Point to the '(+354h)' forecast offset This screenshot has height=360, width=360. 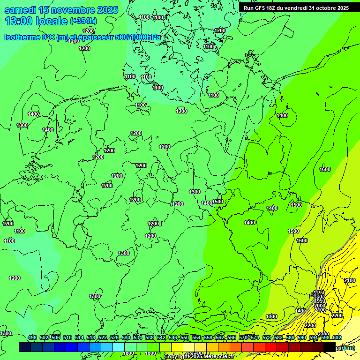click(x=83, y=21)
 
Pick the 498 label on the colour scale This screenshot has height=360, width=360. click(x=32, y=337)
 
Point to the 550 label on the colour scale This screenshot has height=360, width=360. click(x=185, y=337)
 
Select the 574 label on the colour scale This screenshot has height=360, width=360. click(x=255, y=337)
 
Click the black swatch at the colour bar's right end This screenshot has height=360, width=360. click(x=330, y=347)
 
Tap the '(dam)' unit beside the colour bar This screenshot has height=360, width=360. click(x=347, y=347)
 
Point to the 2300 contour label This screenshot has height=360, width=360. click(x=323, y=334)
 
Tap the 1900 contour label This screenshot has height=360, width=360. click(x=319, y=301)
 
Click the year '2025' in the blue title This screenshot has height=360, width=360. click(x=107, y=10)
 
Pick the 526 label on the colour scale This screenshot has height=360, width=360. click(x=114, y=337)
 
